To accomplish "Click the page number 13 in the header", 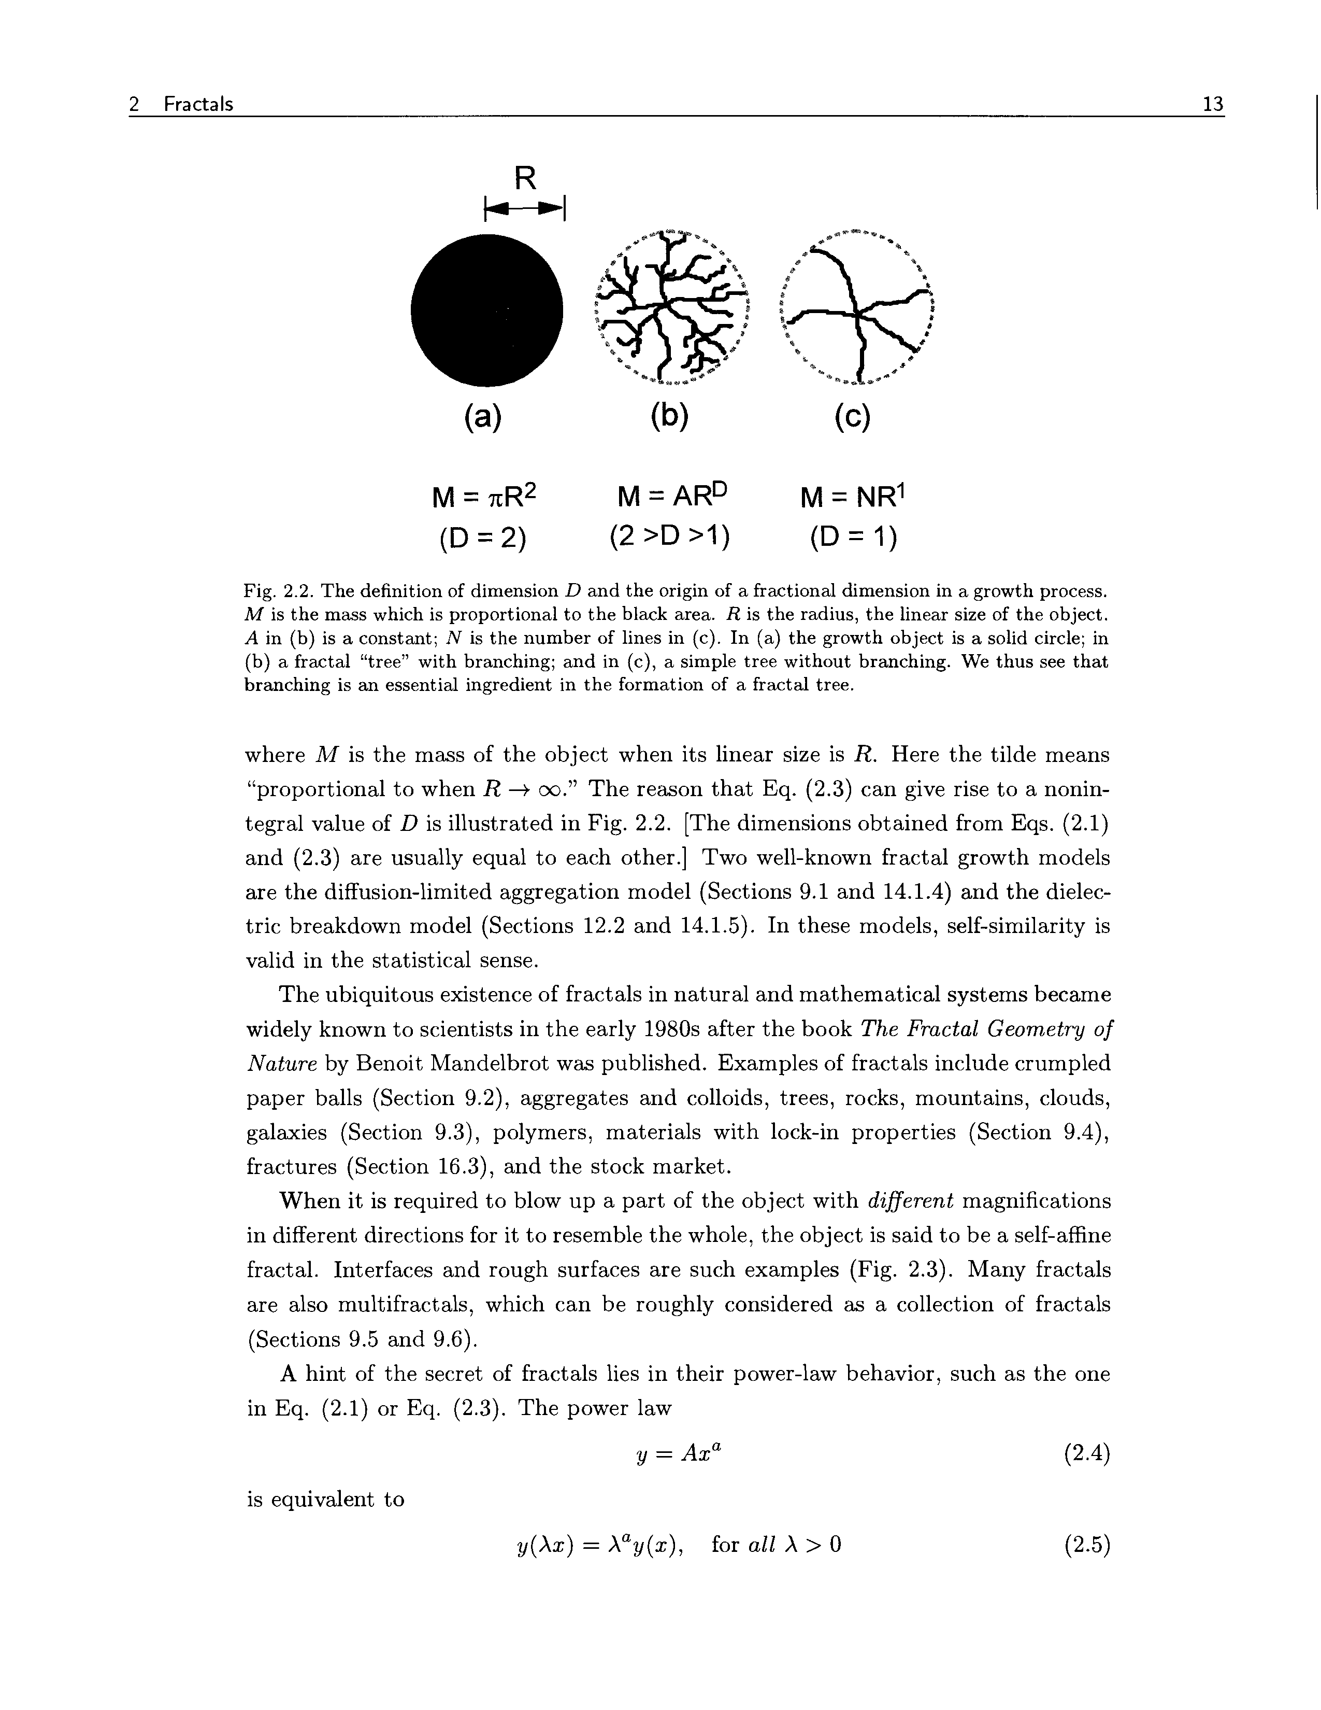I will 1212,104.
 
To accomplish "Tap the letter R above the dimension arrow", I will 525,179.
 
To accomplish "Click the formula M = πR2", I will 485,497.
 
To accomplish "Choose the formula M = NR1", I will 853,497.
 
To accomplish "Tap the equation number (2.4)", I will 1087,1454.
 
